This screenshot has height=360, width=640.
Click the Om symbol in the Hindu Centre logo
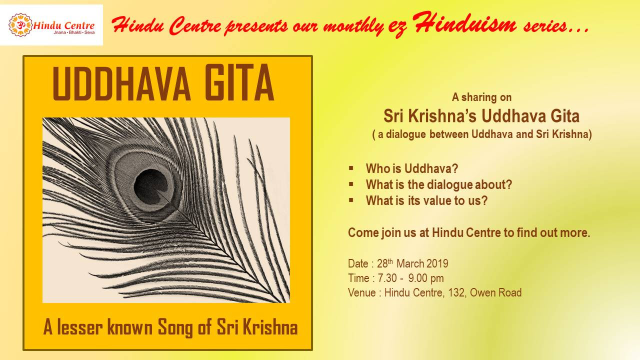(x=19, y=25)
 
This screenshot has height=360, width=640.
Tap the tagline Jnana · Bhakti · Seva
(x=74, y=32)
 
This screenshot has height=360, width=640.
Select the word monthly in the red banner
(x=354, y=27)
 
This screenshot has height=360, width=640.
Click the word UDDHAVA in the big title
(x=121, y=83)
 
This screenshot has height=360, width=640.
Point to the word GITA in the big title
(x=239, y=83)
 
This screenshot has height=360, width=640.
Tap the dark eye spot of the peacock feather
(x=150, y=186)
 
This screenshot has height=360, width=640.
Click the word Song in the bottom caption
(x=175, y=327)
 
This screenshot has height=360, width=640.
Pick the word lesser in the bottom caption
(x=79, y=327)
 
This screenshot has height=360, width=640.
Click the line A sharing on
(x=481, y=97)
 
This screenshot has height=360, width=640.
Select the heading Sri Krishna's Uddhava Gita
(x=481, y=116)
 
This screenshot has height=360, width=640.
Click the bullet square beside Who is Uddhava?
(x=351, y=168)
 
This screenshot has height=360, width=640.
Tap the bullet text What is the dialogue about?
(x=439, y=185)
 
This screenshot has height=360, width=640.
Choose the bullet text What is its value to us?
(x=426, y=200)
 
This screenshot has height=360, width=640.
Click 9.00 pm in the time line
(x=426, y=278)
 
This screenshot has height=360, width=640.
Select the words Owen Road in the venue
(x=495, y=292)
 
